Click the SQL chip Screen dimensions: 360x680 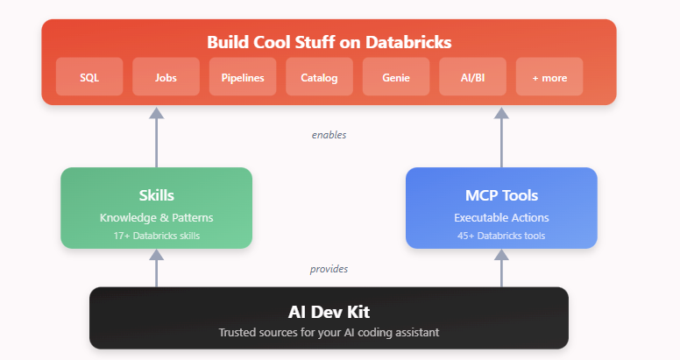pos(89,77)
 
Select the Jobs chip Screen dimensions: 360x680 pos(166,77)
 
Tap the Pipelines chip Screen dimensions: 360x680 pos(243,77)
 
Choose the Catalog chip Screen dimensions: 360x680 pos(319,77)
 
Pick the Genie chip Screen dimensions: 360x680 pos(396,77)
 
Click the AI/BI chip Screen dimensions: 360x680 pos(472,77)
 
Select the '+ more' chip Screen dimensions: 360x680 pos(549,77)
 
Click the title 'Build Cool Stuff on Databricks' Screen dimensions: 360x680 pos(329,41)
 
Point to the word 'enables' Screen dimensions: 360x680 pos(329,135)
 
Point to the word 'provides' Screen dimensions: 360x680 pos(329,269)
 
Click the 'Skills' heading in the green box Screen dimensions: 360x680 pos(156,194)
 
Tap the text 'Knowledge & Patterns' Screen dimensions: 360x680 pos(156,217)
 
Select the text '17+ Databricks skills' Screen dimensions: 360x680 pos(156,236)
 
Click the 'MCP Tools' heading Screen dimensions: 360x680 pos(501,194)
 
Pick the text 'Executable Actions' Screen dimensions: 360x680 pos(501,217)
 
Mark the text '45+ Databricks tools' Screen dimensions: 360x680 pos(501,236)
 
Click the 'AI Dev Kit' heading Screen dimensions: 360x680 pos(329,311)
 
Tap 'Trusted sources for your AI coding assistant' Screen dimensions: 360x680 pos(329,332)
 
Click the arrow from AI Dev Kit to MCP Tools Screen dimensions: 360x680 pos(501,268)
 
